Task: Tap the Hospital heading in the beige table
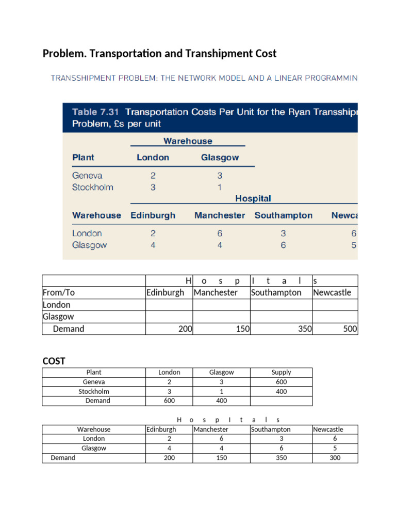click(253, 198)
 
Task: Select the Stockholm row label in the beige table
click(93, 187)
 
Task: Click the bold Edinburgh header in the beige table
click(153, 215)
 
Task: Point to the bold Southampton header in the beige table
click(283, 215)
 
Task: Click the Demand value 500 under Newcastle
click(350, 329)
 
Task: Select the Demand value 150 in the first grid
click(242, 329)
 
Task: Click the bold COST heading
click(54, 361)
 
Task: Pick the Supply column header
click(281, 372)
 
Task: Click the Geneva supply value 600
click(281, 382)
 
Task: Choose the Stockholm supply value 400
click(281, 391)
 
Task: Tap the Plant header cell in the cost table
click(94, 372)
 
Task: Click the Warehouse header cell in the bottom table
click(94, 429)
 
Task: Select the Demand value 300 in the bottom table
click(335, 458)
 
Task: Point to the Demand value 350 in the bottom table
click(281, 458)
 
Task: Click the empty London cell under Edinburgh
click(169, 305)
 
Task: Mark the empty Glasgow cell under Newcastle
click(335, 317)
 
